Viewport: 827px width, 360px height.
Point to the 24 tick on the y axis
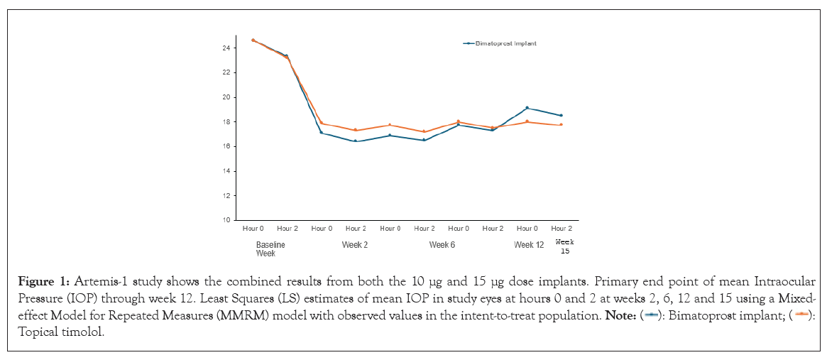point(225,48)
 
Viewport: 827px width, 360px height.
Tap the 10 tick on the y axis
point(225,220)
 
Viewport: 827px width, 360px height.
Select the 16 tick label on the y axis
point(225,146)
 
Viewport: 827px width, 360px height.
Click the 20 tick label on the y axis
point(225,97)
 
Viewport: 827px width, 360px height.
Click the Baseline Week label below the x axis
point(270,249)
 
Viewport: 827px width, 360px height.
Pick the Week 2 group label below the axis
point(355,245)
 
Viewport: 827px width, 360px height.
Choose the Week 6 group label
point(442,245)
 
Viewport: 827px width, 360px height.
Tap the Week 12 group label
point(529,245)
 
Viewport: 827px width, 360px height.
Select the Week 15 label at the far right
point(564,246)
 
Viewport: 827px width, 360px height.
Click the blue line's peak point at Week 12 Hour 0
point(527,108)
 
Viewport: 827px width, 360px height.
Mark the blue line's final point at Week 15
point(561,115)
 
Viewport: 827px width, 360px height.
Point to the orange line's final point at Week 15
point(561,125)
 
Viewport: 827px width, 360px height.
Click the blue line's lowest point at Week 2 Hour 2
point(355,141)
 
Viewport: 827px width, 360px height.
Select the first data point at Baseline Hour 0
point(253,40)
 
